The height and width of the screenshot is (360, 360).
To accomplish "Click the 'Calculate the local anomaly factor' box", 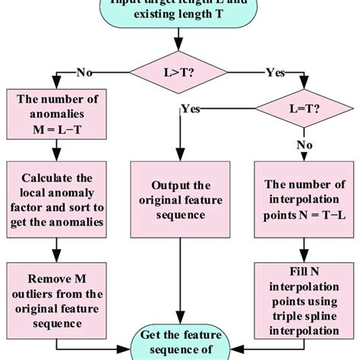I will [54, 198].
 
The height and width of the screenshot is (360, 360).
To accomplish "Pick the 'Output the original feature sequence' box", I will [180, 198].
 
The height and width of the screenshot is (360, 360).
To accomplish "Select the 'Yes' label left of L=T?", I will [191, 109].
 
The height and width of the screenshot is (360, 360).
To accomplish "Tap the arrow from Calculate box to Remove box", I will [54, 248].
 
